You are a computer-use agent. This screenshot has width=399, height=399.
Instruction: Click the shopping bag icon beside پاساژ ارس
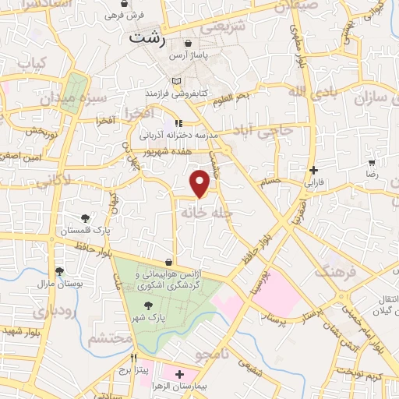190,44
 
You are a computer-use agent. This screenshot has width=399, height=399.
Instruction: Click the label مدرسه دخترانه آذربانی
180,135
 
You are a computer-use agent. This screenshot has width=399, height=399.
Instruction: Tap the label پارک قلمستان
84,231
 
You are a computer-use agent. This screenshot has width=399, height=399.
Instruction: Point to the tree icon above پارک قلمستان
85,218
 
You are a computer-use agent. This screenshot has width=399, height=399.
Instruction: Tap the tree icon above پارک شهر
148,305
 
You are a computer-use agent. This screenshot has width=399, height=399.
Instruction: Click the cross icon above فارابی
313,170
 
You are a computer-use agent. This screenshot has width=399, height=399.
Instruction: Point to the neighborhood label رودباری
54,309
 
